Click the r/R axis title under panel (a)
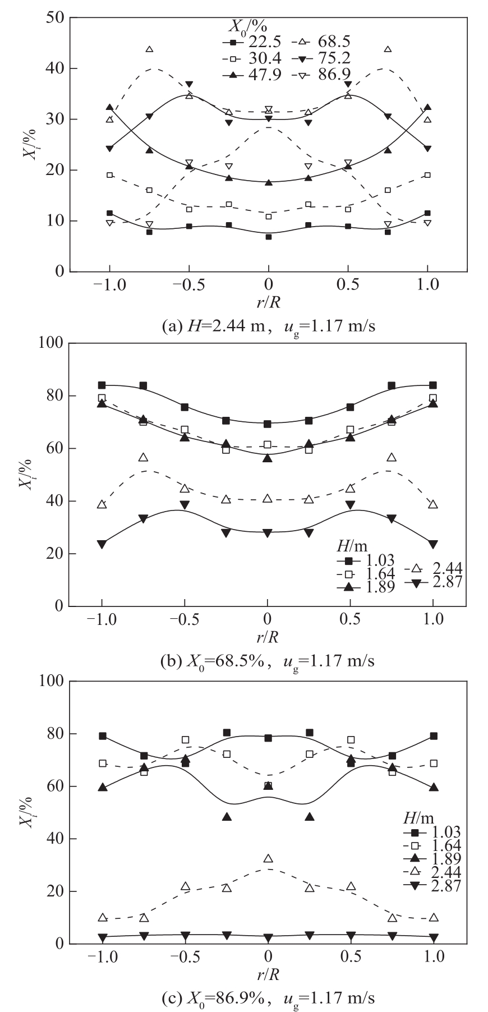[x=269, y=302]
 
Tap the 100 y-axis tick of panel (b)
[x=50, y=343]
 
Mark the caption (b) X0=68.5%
[x=267, y=661]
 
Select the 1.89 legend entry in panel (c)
[x=444, y=858]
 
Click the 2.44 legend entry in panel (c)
[x=444, y=872]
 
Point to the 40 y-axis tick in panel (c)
[x=54, y=839]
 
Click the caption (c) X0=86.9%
[x=267, y=999]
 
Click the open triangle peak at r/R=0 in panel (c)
[x=268, y=859]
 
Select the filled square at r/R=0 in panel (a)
[x=269, y=237]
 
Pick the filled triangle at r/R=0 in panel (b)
[x=268, y=458]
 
